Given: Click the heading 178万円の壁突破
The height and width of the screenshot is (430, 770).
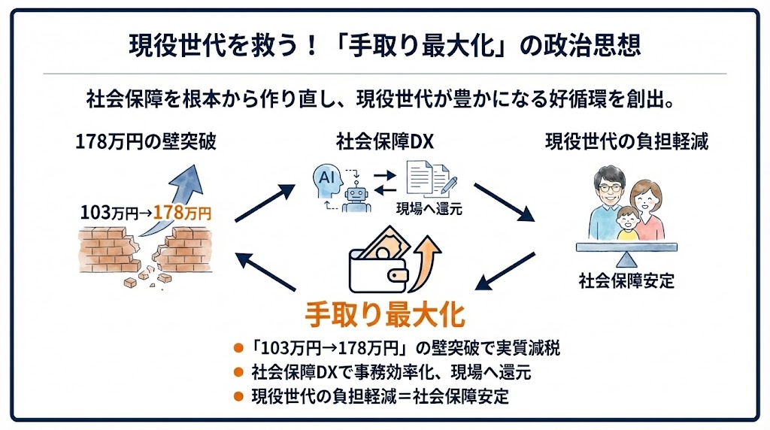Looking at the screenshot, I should [146, 141].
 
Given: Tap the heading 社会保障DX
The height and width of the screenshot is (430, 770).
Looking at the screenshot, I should [384, 141].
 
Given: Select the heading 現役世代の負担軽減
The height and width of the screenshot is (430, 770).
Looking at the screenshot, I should [626, 141].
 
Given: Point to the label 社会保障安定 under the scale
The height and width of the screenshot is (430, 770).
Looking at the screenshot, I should [626, 282].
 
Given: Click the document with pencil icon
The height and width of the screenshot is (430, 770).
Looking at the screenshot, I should [429, 179].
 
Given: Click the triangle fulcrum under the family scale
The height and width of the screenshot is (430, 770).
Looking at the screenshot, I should [626, 259].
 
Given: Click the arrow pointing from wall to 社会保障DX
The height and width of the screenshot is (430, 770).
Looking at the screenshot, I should [265, 202].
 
